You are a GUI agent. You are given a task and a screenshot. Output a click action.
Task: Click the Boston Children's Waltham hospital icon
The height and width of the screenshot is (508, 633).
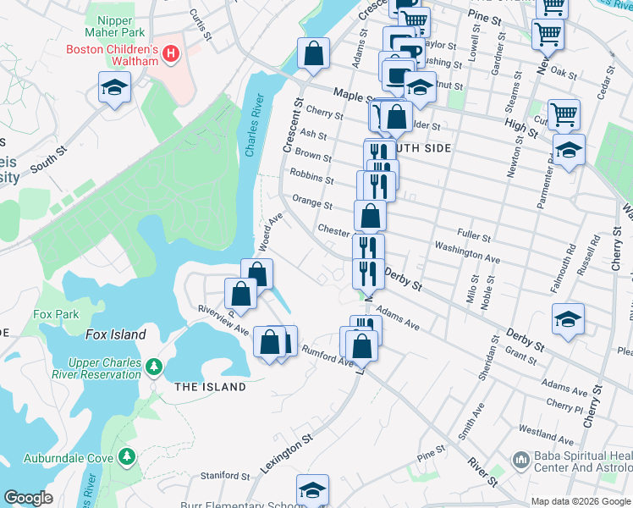click(171, 55)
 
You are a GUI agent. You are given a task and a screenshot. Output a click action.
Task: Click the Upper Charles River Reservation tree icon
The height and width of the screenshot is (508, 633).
click(153, 366)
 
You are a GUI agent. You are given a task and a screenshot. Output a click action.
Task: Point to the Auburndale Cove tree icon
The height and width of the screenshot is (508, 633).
click(127, 457)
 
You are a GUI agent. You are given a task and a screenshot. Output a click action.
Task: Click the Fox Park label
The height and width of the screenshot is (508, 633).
click(56, 314)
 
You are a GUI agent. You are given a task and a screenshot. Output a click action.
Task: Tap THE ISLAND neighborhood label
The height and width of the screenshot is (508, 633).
click(210, 387)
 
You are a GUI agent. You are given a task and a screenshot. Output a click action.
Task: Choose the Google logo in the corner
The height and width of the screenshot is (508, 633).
click(28, 498)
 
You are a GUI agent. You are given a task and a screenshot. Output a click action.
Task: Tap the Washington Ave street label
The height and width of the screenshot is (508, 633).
click(467, 251)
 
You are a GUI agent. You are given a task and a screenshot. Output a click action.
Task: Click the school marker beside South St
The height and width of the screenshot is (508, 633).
click(114, 87)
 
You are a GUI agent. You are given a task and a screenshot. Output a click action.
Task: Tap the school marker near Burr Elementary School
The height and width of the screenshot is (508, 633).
click(312, 490)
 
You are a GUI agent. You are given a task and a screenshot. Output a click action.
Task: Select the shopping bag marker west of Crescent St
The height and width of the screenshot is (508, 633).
click(313, 52)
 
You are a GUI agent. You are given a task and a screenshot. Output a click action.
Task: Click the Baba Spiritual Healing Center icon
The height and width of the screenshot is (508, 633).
click(521, 461)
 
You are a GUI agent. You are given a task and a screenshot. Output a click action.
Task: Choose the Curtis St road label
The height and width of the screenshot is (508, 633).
click(201, 18)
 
